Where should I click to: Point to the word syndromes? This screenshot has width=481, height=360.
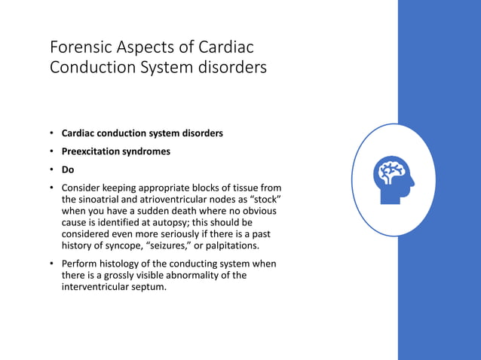(149, 151)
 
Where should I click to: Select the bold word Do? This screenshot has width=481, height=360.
(68, 169)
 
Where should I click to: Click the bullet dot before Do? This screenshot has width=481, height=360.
(52, 169)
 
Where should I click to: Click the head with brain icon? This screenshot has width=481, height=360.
(393, 178)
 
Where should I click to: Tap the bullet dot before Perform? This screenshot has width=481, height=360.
(52, 264)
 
